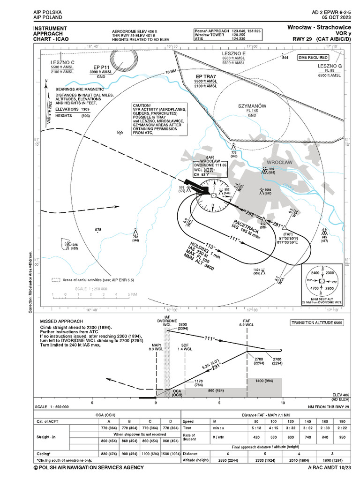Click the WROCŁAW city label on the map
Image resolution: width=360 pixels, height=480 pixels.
pyautogui.click(x=279, y=162)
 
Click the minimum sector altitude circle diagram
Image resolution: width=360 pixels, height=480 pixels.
pyautogui.click(x=322, y=281)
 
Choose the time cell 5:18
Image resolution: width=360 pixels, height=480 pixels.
pyautogui.click(x=256, y=427)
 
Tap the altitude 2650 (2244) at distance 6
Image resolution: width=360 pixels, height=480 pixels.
pyautogui.click(x=228, y=461)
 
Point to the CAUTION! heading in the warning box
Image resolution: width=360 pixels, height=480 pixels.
pyautogui.click(x=142, y=106)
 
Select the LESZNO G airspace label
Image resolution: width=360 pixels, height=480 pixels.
pyautogui.click(x=330, y=66)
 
